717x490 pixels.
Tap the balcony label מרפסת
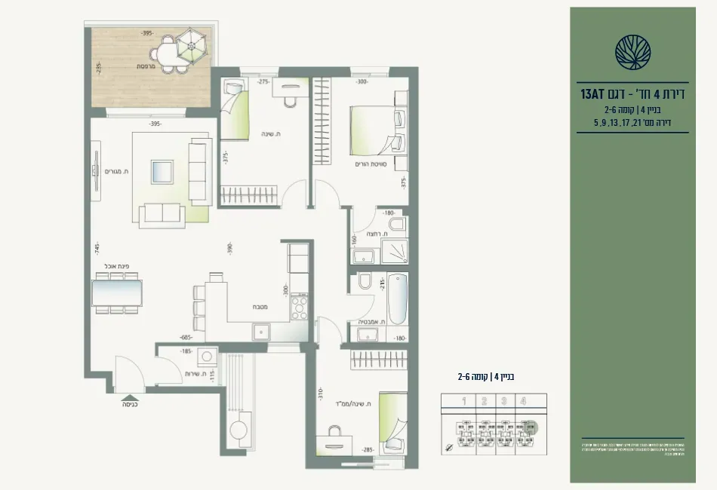click(x=146, y=66)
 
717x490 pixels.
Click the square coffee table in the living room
click(x=162, y=171)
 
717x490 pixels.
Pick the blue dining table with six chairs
click(x=117, y=292)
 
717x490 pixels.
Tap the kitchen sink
click(x=262, y=330)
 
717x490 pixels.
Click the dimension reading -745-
click(x=97, y=250)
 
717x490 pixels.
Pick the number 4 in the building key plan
click(x=522, y=402)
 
